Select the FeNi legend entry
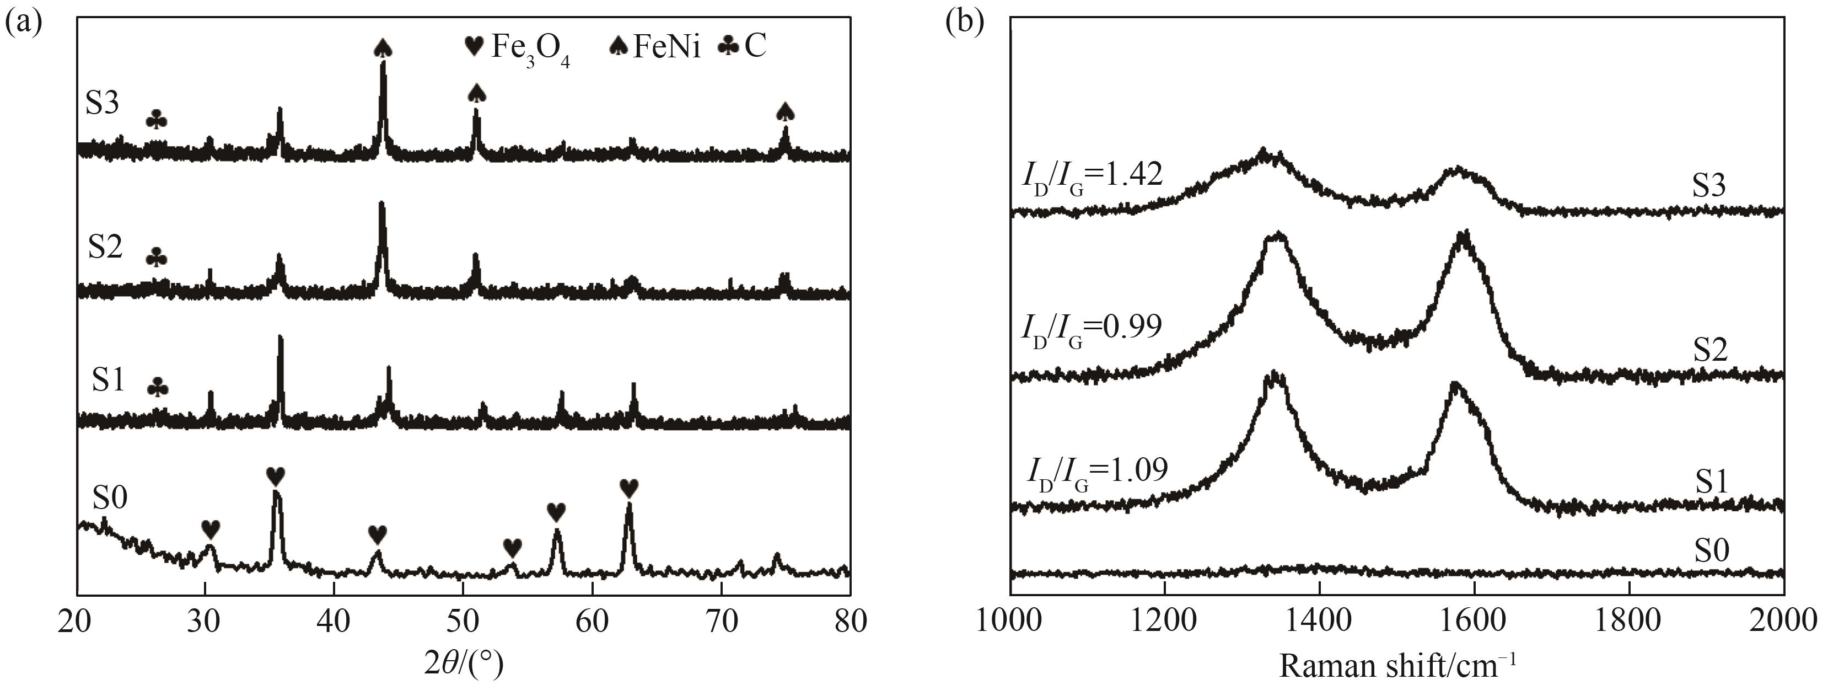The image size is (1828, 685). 655,47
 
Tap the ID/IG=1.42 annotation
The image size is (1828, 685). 1092,174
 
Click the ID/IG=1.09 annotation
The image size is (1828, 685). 1096,470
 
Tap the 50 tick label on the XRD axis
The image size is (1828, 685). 463,622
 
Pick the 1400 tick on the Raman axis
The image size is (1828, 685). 1319,622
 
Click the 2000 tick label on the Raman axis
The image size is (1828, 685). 1783,622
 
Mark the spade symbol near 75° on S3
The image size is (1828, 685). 785,111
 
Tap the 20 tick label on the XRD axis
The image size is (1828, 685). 77,622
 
